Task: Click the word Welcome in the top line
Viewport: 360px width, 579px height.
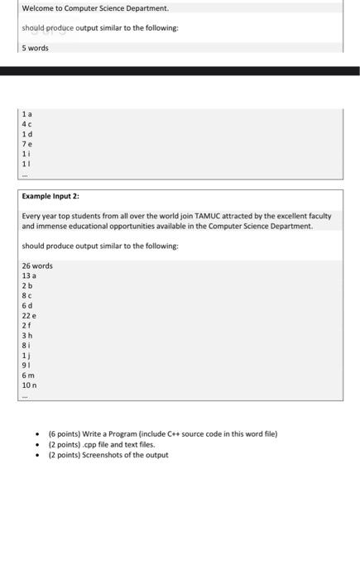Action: (36, 8)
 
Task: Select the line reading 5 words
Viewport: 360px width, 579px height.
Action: (36, 48)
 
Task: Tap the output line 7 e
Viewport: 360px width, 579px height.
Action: (27, 144)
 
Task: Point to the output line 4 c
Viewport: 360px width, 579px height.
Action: (27, 124)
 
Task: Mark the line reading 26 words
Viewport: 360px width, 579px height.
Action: (37, 266)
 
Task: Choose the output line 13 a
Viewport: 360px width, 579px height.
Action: (29, 276)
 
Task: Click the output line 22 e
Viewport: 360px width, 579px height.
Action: (29, 316)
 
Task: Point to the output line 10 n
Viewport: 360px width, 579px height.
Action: (29, 385)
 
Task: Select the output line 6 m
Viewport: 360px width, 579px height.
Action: (27, 376)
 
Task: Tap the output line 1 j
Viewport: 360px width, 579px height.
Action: (27, 356)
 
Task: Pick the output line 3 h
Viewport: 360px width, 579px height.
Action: (27, 336)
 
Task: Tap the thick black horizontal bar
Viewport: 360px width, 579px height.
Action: (180, 71)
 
